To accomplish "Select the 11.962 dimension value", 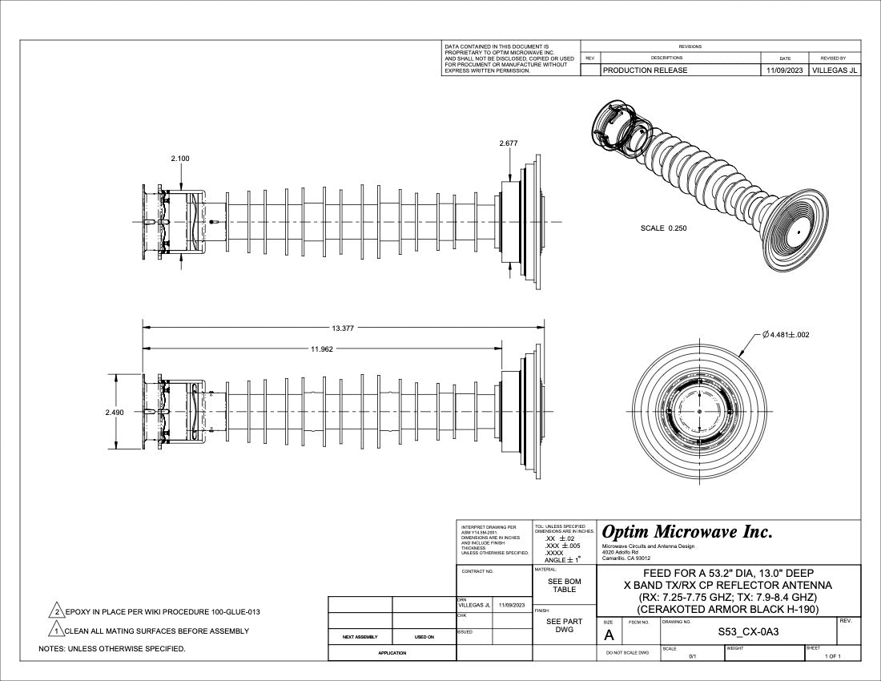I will (x=322, y=349).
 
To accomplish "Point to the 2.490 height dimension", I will (x=114, y=412).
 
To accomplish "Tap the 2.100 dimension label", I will (x=180, y=159).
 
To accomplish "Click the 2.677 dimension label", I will (x=509, y=143).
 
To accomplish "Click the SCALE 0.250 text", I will (x=663, y=228).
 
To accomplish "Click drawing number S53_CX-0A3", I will (x=749, y=632).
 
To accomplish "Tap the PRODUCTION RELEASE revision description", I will (x=645, y=71).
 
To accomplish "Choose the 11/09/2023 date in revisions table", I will (x=785, y=71).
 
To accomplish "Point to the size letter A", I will (x=609, y=635).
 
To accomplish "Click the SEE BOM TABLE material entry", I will (x=565, y=586).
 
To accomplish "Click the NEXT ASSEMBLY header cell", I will (x=360, y=638).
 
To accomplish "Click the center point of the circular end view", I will (x=699, y=412).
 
